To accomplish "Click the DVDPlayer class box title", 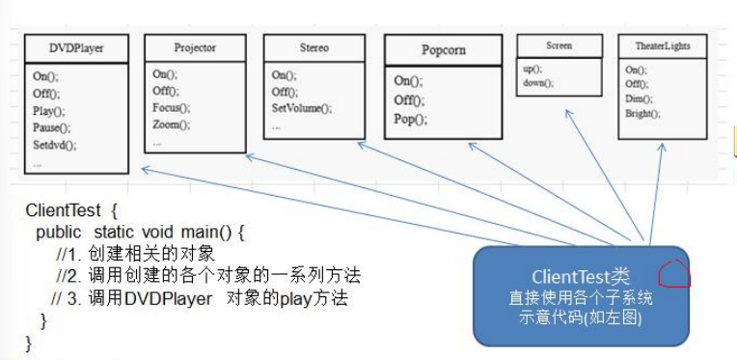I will [76, 47].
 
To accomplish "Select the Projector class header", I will [195, 47].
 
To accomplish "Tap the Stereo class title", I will [314, 47].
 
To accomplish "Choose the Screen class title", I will [559, 45].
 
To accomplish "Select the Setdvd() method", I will [54, 145].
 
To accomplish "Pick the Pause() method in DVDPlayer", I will [53, 127].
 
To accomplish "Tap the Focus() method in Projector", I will [171, 107].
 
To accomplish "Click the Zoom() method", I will [171, 125].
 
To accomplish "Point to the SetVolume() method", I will [301, 108].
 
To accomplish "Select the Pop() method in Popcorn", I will [410, 119].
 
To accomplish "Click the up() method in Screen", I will [532, 69].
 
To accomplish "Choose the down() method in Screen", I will [538, 84].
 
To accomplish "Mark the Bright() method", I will [642, 114].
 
